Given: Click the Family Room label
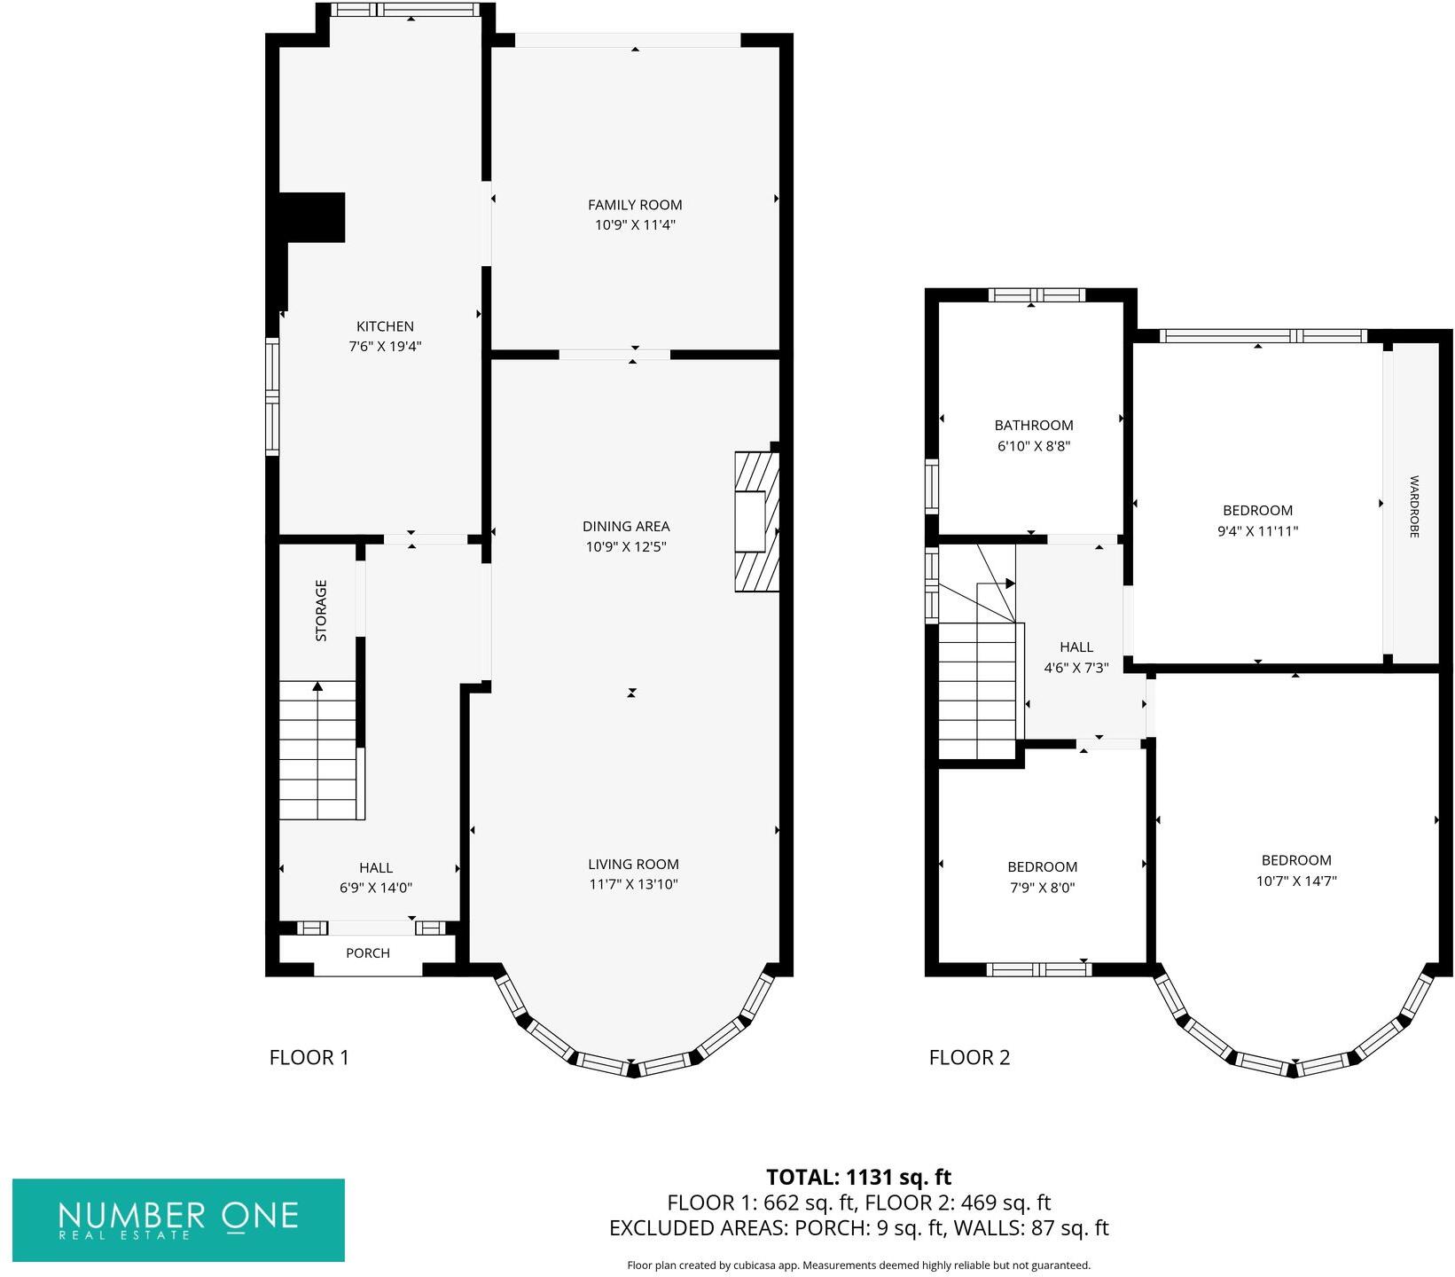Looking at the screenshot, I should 635,205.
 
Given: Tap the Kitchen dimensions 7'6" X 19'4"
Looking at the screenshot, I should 385,347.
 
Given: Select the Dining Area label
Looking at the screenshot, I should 626,526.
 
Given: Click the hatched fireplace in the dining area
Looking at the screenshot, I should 756,522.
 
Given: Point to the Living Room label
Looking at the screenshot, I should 633,864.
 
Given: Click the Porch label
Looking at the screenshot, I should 368,953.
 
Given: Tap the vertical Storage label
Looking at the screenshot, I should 321,611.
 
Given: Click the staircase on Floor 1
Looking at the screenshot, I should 318,750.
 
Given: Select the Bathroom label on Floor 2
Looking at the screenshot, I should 1034,426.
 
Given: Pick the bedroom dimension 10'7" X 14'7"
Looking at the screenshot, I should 1296,881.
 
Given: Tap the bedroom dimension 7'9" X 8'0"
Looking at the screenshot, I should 1043,888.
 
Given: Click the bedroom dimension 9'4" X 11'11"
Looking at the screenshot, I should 1257,532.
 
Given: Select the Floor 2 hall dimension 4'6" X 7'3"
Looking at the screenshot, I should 1076,669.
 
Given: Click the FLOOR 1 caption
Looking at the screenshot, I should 309,1057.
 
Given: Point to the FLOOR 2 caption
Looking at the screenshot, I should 969,1057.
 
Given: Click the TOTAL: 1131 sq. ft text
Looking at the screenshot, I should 858,1178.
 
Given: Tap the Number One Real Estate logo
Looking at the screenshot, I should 178,1219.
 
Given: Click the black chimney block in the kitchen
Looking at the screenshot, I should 312,217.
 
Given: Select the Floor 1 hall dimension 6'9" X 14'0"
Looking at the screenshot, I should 376,888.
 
